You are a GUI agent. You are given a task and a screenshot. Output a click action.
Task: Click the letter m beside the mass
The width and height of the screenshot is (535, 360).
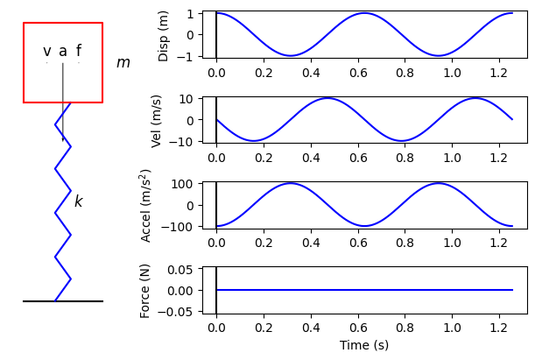tap(123, 63)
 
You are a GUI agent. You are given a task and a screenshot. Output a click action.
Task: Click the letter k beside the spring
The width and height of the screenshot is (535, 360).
tap(78, 201)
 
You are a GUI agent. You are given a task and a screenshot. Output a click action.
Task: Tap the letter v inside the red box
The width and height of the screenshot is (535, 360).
tap(47, 52)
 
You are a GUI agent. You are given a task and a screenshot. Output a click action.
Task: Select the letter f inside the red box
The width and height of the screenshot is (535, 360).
tap(78, 51)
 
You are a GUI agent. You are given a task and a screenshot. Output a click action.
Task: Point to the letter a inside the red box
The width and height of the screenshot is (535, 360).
tap(63, 52)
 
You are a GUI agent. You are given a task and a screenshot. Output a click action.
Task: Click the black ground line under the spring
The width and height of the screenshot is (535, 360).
tap(63, 301)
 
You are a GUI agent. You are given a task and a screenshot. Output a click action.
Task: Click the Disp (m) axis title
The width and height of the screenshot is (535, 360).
tap(164, 36)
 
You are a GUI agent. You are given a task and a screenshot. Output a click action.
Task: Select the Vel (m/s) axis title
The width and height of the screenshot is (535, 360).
tap(158, 121)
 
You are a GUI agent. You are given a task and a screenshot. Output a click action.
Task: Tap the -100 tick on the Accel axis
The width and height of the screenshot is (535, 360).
tap(181, 227)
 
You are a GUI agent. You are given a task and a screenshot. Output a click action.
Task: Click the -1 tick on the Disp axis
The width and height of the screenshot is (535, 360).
tap(188, 57)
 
